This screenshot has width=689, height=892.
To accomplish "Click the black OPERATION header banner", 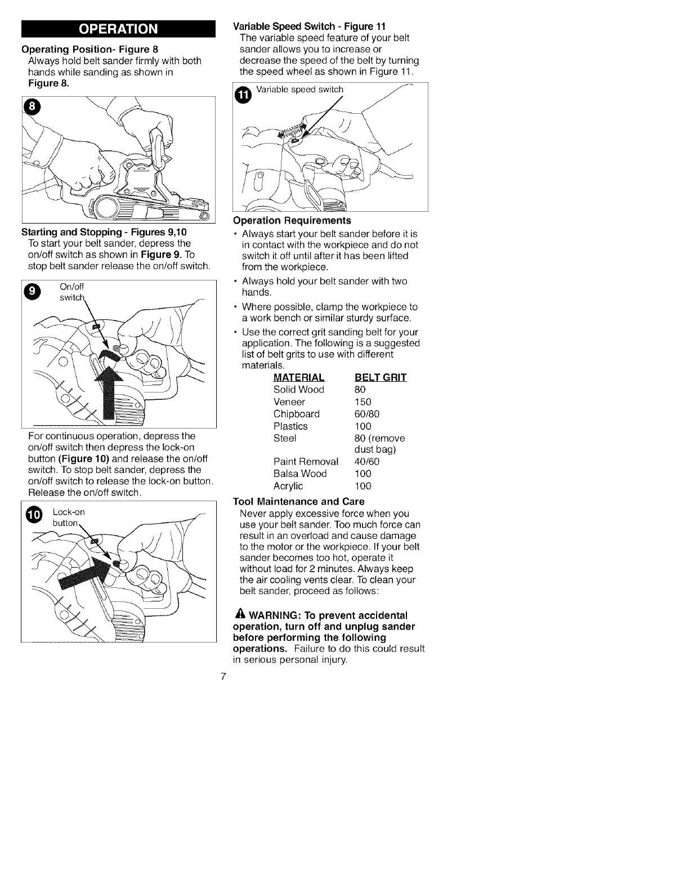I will pyautogui.click(x=118, y=29).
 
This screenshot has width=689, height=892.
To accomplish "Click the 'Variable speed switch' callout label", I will pyautogui.click(x=299, y=90).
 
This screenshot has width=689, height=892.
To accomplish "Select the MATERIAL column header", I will pyautogui.click(x=299, y=377).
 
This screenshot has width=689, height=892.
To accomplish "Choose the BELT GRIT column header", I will pyautogui.click(x=381, y=377).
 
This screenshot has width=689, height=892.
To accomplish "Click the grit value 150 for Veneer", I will pyautogui.click(x=363, y=402).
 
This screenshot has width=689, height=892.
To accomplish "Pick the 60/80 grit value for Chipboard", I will pyautogui.click(x=366, y=414).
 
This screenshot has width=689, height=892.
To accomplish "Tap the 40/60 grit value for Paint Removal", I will pyautogui.click(x=366, y=462).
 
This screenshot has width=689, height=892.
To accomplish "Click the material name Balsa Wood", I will pyautogui.click(x=300, y=474).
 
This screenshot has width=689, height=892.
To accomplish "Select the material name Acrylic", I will pyautogui.click(x=288, y=486).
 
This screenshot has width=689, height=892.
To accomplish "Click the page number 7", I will pyautogui.click(x=223, y=676).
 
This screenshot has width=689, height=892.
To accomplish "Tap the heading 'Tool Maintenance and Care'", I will pyautogui.click(x=298, y=501).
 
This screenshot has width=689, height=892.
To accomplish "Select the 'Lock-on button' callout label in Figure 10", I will pyautogui.click(x=68, y=518).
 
